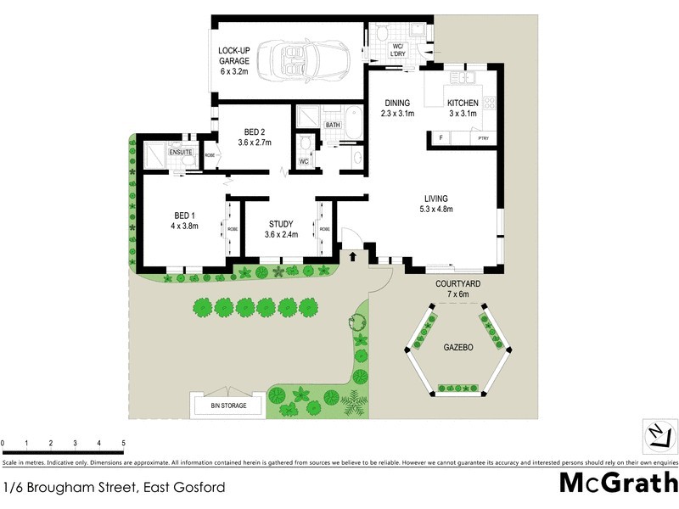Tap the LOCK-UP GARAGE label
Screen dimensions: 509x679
click(233, 55)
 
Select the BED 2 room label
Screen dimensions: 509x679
click(255, 131)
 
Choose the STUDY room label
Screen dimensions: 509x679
click(280, 224)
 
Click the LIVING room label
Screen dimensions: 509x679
click(437, 199)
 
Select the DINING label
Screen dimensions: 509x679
click(397, 103)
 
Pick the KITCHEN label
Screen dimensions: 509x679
click(463, 103)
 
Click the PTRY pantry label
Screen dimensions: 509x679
click(483, 138)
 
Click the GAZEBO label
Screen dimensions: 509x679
click(459, 349)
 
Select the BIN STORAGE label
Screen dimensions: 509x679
click(228, 406)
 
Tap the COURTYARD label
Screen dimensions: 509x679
click(457, 284)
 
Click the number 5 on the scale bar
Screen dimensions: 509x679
click(124, 444)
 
